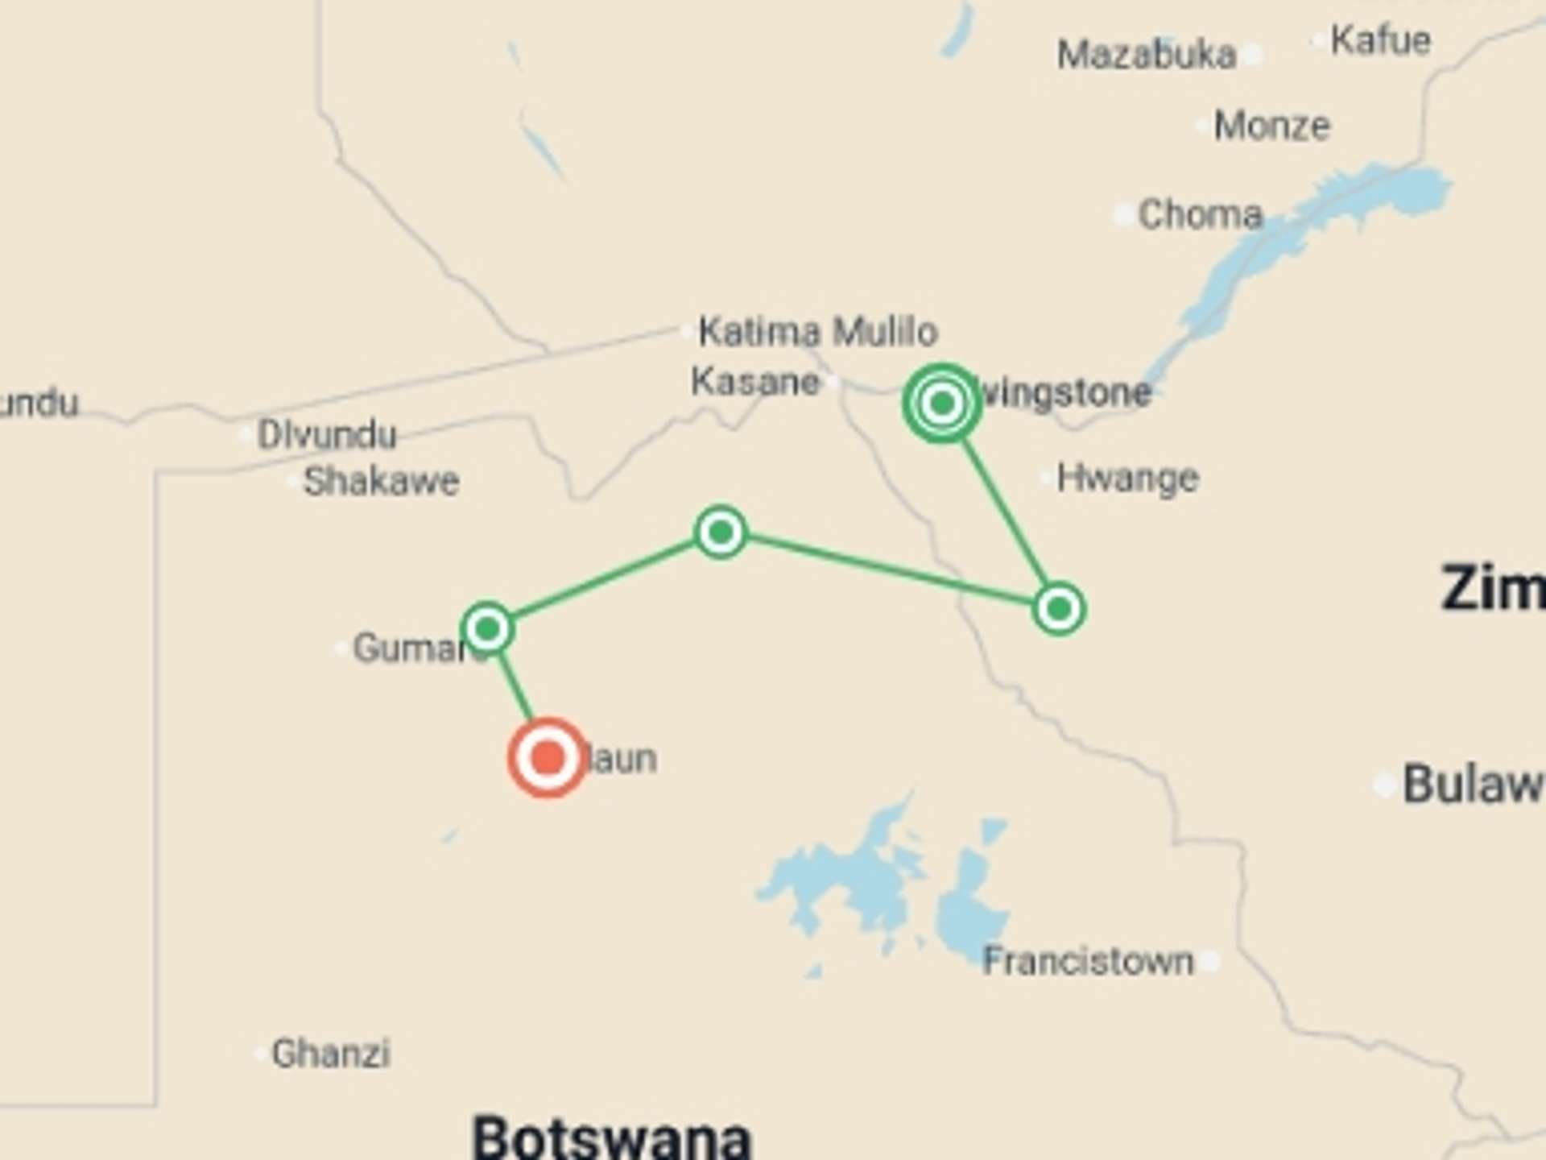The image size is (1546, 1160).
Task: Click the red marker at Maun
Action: [548, 757]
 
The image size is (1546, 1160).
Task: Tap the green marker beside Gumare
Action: [487, 628]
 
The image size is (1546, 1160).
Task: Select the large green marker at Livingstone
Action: [941, 402]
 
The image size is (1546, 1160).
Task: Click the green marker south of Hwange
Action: [1058, 608]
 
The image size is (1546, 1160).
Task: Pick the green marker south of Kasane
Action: [721, 532]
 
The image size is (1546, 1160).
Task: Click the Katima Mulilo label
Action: [817, 331]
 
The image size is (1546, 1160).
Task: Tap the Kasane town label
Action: [754, 382]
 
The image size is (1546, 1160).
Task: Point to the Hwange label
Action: [1127, 478]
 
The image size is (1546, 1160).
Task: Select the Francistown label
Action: [1087, 961]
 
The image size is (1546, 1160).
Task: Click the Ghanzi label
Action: [331, 1053]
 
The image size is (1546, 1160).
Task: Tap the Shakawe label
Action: [381, 482]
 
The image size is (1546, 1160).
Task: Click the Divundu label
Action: [327, 435]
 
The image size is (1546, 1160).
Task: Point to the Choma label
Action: [1200, 214]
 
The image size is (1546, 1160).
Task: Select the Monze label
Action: [1271, 126]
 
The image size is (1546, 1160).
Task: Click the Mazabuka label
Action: [1146, 55]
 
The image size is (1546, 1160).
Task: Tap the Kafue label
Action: [1380, 39]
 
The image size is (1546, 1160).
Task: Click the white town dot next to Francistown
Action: [1209, 960]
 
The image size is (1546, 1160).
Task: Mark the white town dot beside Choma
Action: [1123, 215]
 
